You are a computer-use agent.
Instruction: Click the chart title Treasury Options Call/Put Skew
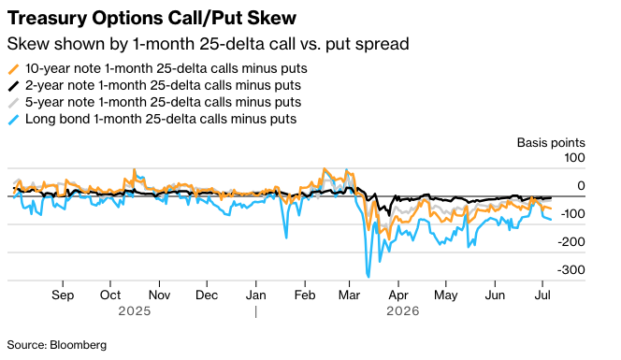coord(152,18)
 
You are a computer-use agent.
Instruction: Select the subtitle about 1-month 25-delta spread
coord(208,44)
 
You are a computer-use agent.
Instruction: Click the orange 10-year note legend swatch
coord(13,69)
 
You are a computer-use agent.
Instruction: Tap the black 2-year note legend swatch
coord(13,85)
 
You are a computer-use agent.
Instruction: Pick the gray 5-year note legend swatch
coord(13,103)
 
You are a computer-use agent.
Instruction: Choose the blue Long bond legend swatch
coord(13,120)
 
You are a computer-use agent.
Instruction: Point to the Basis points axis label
coord(551,142)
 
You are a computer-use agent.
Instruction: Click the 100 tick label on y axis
coord(574,158)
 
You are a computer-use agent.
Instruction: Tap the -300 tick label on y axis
coord(571,269)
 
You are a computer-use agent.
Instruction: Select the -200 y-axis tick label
coord(571,241)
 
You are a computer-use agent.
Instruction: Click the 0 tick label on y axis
coord(582,185)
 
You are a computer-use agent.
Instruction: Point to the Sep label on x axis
coord(63,295)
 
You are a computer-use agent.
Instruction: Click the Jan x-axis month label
coord(256,295)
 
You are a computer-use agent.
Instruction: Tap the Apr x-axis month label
coord(398,295)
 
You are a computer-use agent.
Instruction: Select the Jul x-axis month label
coord(542,295)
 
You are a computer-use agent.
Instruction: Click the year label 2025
coord(135,311)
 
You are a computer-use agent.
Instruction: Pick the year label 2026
coord(403,311)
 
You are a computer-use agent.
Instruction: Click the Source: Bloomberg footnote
coord(57,345)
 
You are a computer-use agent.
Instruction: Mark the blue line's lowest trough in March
coord(368,277)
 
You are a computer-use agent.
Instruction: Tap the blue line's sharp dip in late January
coord(286,238)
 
